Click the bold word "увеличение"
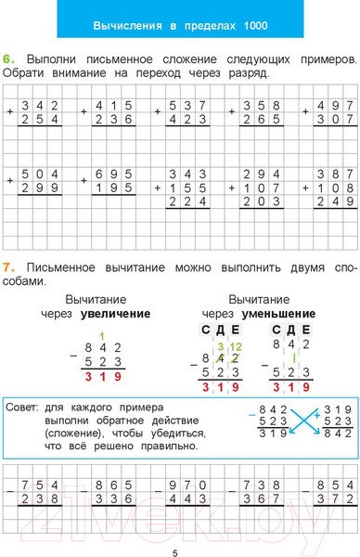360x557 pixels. pyautogui.click(x=116, y=314)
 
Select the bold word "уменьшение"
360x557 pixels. pyautogui.click(x=277, y=314)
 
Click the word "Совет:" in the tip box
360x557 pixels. pyautogui.click(x=22, y=407)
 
